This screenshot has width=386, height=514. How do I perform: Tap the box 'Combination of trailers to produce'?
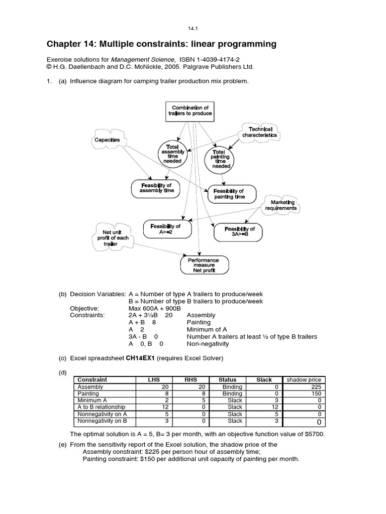coord(190,110)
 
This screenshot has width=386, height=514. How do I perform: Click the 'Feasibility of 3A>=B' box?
coord(239,232)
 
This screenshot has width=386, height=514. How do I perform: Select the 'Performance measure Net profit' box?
coord(204,265)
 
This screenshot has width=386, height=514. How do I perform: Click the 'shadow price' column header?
coord(304,380)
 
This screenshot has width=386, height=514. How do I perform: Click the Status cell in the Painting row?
coord(232,394)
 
